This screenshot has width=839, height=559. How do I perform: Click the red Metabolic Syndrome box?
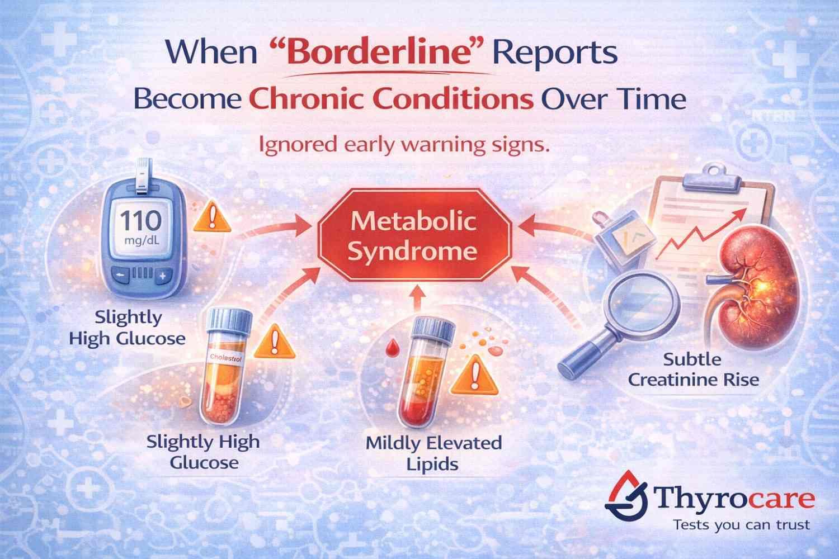click(413, 237)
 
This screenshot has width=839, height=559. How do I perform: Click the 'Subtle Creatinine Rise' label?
click(693, 369)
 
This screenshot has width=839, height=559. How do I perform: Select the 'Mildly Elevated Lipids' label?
click(433, 453)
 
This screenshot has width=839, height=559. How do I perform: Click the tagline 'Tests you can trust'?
click(741, 525)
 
